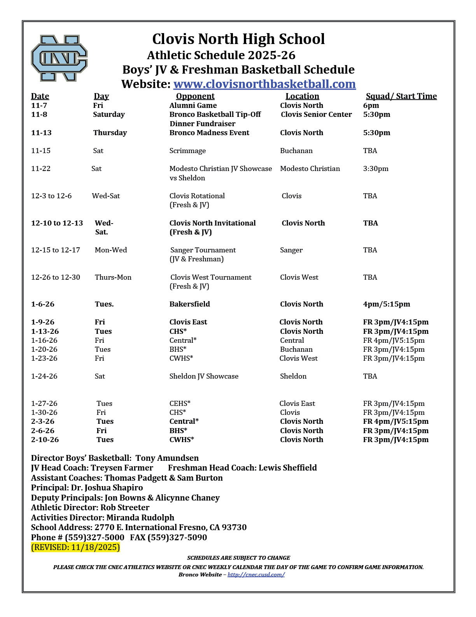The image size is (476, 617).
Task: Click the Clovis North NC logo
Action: pos(59,58)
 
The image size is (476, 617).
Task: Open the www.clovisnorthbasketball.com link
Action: pos(264,84)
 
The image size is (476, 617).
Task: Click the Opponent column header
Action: pos(195,96)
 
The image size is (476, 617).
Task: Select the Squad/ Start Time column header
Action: pos(401,96)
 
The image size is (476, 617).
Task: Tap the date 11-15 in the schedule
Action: pos(41,151)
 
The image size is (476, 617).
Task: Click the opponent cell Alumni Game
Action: pos(193,106)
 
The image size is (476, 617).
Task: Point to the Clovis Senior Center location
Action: pos(316,115)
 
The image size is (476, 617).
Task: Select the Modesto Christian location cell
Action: pos(310,169)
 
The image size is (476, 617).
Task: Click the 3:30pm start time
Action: pos(376,169)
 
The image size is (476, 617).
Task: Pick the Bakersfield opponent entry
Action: pos(189,304)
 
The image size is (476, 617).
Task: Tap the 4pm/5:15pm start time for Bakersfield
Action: pos(387,304)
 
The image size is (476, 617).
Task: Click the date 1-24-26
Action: pos(44,376)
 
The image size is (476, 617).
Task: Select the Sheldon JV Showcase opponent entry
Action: pos(204,376)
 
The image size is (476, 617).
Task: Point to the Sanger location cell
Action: pos(291,250)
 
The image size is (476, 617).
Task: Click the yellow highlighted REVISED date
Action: pos(75,547)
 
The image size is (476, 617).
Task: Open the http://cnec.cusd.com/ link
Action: pos(256,575)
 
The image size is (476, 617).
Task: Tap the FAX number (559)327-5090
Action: pos(177,538)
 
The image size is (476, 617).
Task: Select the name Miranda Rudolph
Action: pos(140,518)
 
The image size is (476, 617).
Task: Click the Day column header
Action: pos(101,96)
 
